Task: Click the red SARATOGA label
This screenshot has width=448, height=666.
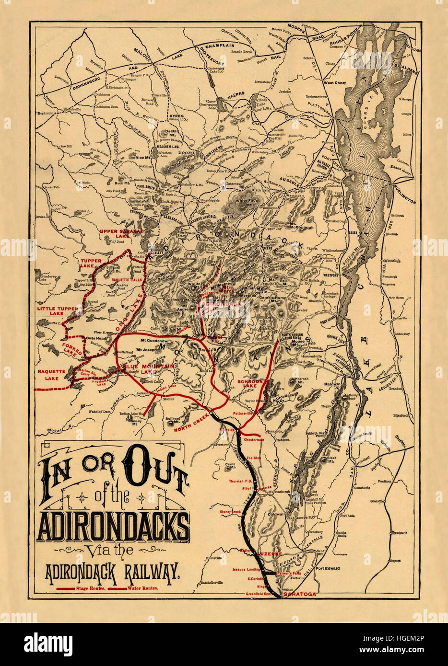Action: point(300,594)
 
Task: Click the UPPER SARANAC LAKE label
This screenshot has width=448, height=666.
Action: point(116,233)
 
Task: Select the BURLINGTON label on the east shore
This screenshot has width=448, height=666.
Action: point(405,195)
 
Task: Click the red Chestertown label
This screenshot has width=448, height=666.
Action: point(254,439)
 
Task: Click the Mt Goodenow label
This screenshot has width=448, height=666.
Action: point(153,341)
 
